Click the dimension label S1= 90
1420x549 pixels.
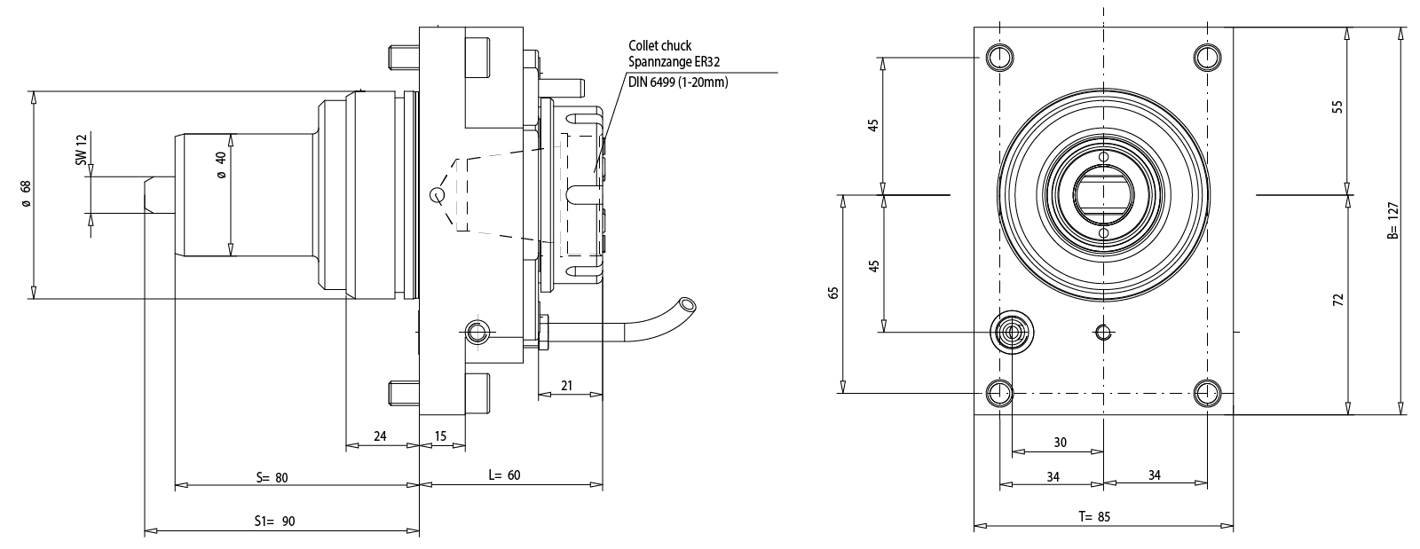274,522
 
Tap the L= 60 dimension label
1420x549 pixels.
504,475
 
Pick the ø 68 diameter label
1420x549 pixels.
27,194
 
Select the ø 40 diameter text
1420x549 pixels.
221,164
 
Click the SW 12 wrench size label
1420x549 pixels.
81,151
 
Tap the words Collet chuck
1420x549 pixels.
659,45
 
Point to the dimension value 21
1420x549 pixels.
565,386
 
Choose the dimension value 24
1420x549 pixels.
380,435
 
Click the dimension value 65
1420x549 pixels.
833,293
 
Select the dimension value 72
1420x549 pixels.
1338,300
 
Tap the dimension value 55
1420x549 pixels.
1338,107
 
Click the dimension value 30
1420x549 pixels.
1060,442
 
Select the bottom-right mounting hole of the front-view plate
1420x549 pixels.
1206,391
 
